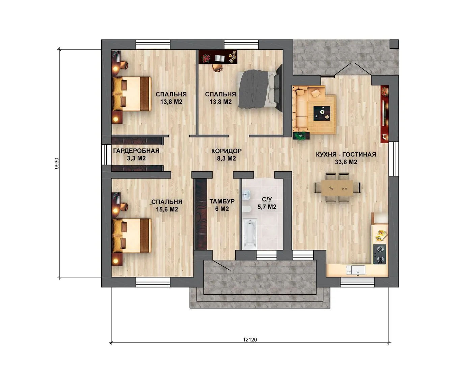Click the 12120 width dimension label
[250, 340]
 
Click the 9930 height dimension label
[57, 164]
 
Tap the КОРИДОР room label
[226, 151]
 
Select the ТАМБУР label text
[222, 201]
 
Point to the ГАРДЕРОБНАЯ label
[136, 151]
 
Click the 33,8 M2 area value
[346, 162]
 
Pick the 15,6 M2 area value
[167, 210]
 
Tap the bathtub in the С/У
[250, 234]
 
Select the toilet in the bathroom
[246, 210]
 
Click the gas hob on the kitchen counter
[379, 254]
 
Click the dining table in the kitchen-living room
[337, 188]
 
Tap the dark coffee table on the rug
[322, 114]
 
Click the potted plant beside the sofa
[301, 136]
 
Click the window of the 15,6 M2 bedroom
[153, 282]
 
